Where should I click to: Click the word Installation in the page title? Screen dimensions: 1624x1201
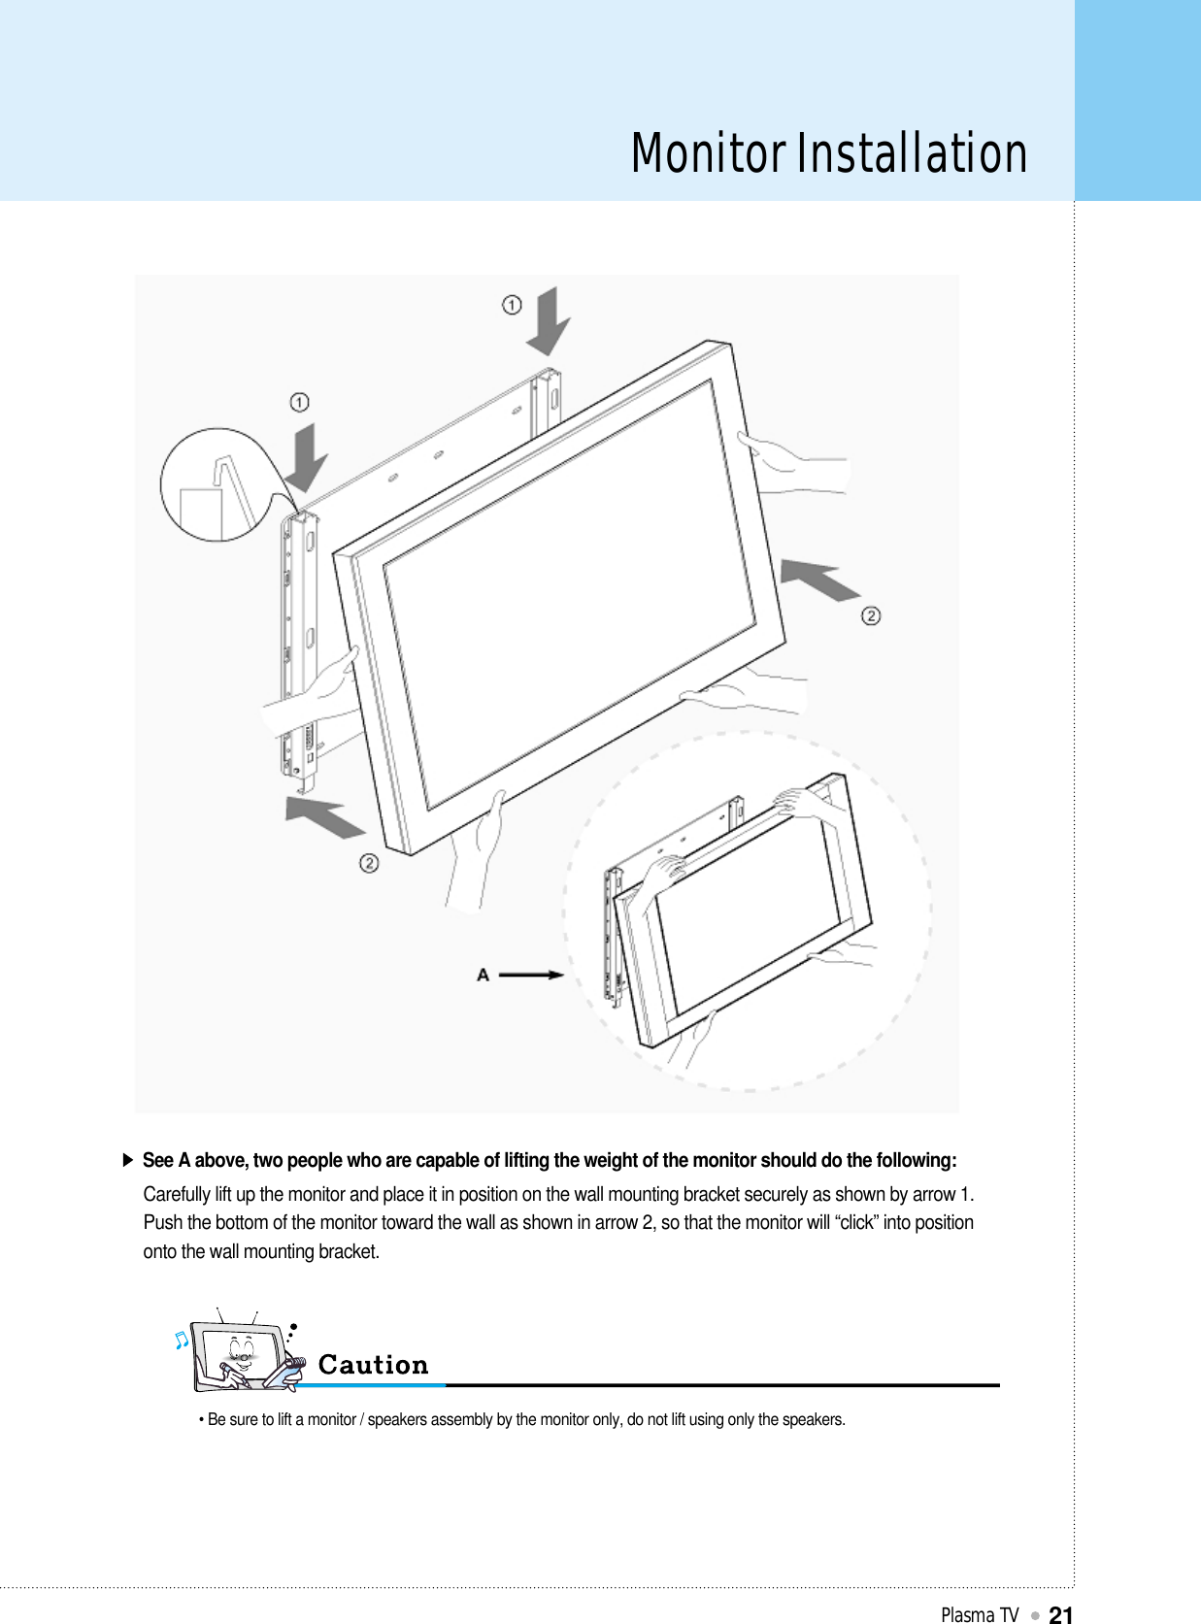pos(913,154)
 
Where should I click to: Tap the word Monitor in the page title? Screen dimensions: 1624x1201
pos(708,154)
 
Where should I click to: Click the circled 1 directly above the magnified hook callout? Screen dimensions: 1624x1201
pos(299,402)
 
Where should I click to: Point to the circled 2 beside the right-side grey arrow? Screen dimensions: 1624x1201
pos(871,615)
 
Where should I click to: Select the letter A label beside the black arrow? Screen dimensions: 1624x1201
pos(483,975)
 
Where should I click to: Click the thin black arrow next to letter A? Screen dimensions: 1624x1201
pos(531,975)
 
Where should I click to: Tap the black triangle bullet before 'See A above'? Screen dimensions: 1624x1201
pos(127,1160)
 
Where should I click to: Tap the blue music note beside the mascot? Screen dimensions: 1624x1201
pos(181,1340)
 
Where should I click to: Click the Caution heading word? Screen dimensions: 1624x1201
pos(373,1365)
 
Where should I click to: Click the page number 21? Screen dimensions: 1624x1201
pos(1061,1614)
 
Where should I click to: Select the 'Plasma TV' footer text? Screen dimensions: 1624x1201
pos(979,1614)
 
